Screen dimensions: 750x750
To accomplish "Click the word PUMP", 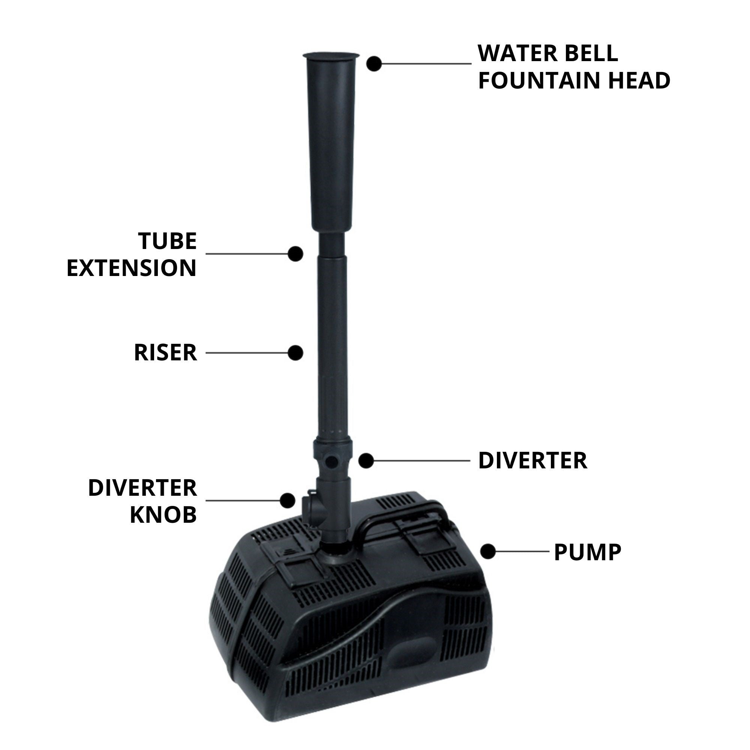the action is pyautogui.click(x=587, y=552).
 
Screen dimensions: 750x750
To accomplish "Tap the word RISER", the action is pyautogui.click(x=165, y=352).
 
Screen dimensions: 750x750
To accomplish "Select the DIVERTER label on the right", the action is pyautogui.click(x=532, y=461).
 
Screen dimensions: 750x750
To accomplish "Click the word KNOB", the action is pyautogui.click(x=163, y=515).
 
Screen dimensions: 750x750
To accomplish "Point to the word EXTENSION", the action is pyautogui.click(x=132, y=268).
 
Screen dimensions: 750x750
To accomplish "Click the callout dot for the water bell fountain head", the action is pyautogui.click(x=374, y=64).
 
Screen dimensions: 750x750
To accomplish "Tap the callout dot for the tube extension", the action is pyautogui.click(x=295, y=253).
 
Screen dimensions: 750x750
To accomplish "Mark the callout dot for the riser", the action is pyautogui.click(x=295, y=353).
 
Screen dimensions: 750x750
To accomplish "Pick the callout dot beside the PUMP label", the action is pyautogui.click(x=488, y=551).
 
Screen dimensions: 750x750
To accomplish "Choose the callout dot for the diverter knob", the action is pyautogui.click(x=287, y=500).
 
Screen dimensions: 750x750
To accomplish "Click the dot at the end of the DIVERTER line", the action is pyautogui.click(x=366, y=461).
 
